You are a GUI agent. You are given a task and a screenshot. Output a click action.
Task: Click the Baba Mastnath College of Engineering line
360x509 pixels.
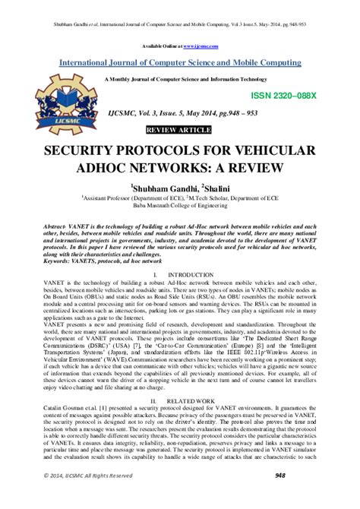pyautogui.click(x=180, y=205)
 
